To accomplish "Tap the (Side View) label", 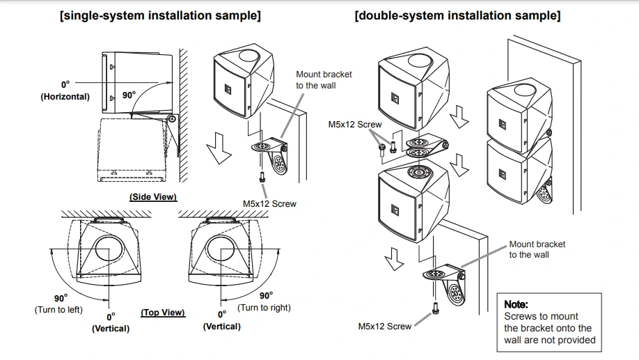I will point(153,197).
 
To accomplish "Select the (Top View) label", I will point(163,313).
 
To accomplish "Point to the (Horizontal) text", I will point(65,97).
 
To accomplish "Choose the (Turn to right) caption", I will point(265,307).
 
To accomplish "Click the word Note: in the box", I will point(516,304).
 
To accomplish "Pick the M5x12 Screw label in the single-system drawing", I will point(269,203).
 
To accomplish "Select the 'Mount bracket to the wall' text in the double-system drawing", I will point(537,249).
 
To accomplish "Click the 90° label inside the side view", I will point(129,95).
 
